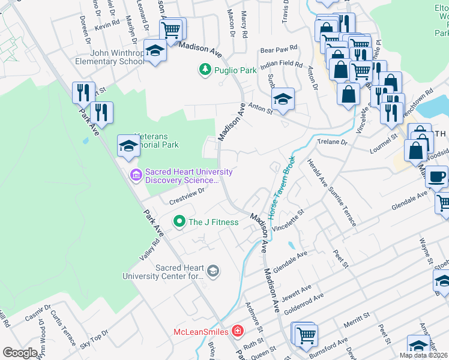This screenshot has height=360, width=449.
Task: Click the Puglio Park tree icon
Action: (x=205, y=70)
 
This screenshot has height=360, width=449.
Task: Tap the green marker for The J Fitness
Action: (x=179, y=222)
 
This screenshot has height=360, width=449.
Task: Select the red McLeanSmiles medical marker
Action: (x=238, y=331)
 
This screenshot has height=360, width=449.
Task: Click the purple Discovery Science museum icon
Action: (x=136, y=175)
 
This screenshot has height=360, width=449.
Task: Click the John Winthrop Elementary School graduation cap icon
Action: (x=155, y=51)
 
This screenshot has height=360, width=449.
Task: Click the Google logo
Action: (x=20, y=353)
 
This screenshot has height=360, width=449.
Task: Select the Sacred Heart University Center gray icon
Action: (x=212, y=272)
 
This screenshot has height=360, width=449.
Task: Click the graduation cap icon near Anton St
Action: (x=283, y=99)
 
